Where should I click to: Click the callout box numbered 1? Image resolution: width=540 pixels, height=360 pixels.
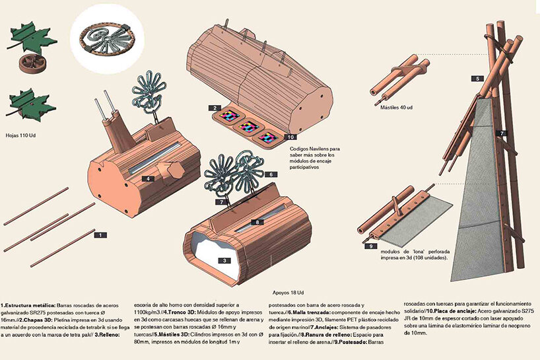point(100,235)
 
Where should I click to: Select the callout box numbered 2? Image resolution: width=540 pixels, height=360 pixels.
point(215,108)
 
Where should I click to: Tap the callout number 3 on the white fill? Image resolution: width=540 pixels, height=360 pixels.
point(224,260)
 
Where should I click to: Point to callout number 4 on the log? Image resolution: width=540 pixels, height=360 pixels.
point(148,178)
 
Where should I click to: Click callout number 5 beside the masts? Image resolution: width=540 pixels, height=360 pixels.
point(477,79)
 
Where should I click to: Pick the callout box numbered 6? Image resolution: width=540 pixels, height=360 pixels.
point(271,174)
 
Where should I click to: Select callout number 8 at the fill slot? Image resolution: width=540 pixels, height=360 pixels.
point(257,222)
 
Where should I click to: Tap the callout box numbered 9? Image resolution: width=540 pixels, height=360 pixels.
point(370,246)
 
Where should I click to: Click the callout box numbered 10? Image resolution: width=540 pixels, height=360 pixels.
point(290,137)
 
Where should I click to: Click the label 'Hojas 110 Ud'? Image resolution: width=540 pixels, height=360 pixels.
point(20,135)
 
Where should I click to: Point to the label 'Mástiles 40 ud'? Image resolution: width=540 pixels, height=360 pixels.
point(396,108)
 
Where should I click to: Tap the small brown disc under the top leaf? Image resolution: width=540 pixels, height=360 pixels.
point(30,64)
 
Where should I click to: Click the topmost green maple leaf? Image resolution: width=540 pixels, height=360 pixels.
point(33,37)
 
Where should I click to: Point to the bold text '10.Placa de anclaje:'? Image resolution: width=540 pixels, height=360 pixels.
point(451,311)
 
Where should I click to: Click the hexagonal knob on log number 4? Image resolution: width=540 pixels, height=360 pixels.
point(176,170)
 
